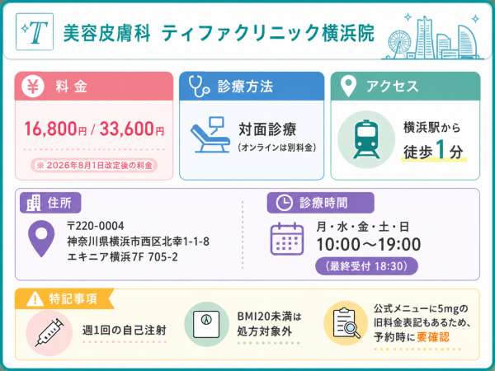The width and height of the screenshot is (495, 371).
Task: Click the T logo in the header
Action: click(x=35, y=31)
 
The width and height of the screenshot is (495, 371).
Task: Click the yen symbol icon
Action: click(x=33, y=86)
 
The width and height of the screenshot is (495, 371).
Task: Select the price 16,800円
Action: click(x=55, y=129)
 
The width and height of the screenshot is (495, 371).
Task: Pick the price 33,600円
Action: click(x=132, y=129)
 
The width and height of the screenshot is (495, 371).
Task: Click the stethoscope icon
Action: click(x=199, y=86)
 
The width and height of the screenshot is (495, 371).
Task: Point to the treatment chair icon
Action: click(x=210, y=134)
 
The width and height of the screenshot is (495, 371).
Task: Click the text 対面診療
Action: click(x=267, y=129)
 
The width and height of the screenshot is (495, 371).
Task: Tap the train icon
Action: click(x=366, y=139)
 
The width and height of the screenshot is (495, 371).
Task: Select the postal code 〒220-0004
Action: click(x=96, y=226)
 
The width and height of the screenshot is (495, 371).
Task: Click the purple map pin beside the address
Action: click(x=41, y=238)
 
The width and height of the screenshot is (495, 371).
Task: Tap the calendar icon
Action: click(x=287, y=238)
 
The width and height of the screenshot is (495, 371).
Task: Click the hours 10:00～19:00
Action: click(x=369, y=245)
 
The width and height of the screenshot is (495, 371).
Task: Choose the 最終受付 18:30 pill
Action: click(x=366, y=266)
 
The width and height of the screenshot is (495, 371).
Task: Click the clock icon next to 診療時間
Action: click(x=284, y=203)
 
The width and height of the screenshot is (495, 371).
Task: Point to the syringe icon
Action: click(x=49, y=332)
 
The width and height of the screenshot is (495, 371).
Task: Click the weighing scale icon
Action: click(x=206, y=324)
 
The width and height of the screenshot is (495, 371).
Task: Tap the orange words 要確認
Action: click(x=433, y=337)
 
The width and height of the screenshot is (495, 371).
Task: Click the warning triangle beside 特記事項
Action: click(x=35, y=298)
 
